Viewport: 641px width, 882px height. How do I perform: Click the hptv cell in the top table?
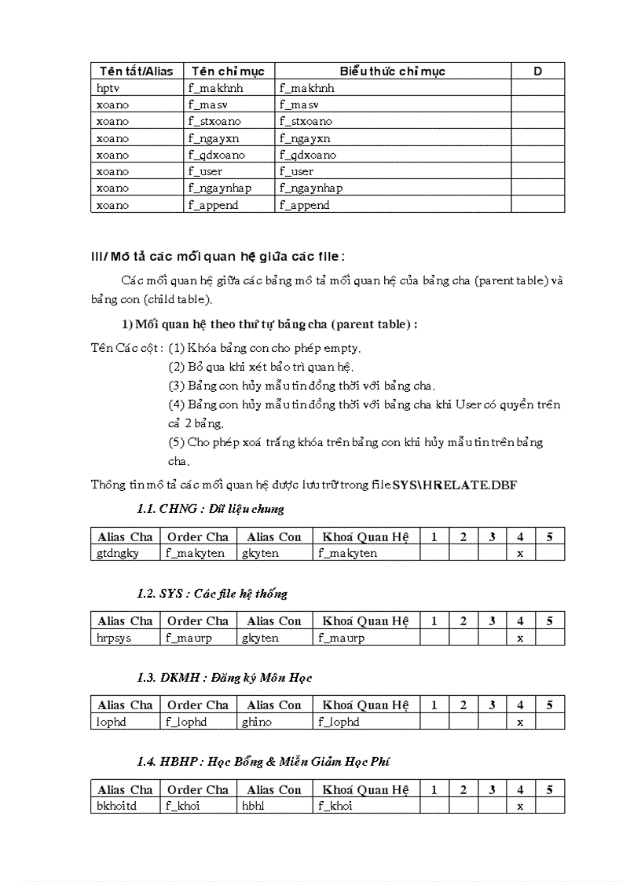[108, 88]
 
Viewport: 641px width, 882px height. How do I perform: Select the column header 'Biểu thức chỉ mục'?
[392, 71]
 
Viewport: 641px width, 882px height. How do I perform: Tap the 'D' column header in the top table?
[537, 71]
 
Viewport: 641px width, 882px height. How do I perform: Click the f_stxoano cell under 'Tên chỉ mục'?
[214, 121]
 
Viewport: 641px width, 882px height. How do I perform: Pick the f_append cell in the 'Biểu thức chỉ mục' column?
[304, 205]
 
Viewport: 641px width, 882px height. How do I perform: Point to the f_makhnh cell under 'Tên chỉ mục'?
[215, 88]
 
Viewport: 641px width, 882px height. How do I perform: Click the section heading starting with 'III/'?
[218, 256]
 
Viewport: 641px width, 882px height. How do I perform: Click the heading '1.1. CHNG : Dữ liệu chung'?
[210, 509]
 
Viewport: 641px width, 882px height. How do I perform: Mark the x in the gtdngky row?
[520, 553]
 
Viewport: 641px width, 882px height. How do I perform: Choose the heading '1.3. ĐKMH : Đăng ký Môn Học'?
[224, 678]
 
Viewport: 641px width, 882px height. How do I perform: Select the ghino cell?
[257, 722]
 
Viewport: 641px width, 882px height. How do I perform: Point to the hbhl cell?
[254, 806]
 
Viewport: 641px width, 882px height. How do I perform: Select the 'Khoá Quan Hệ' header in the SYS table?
[365, 621]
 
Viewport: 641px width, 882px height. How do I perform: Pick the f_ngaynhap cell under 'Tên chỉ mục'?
[219, 188]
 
